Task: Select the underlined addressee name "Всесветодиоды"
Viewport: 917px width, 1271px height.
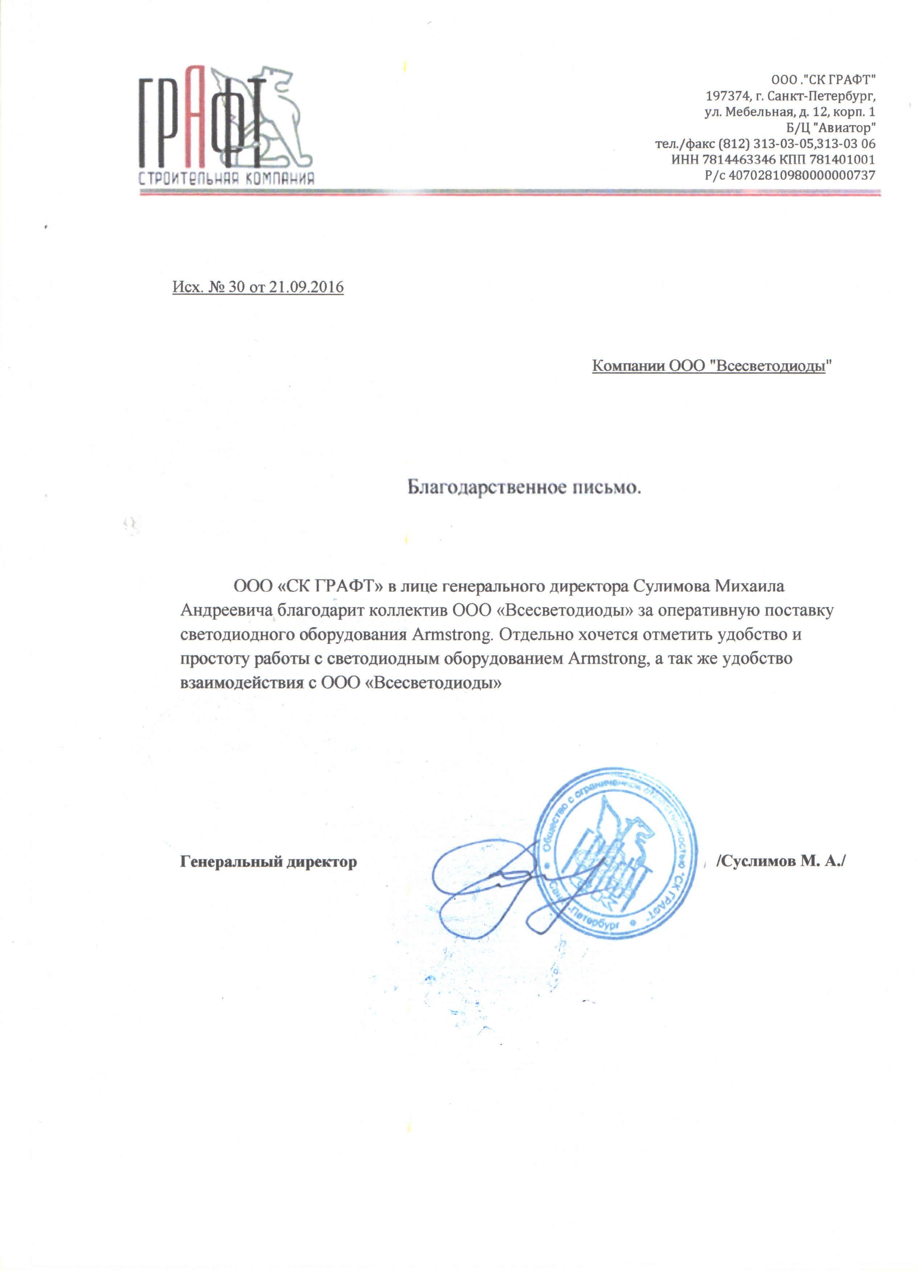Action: point(771,366)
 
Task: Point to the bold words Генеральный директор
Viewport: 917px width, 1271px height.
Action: point(268,861)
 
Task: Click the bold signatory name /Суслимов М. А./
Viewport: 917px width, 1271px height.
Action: point(780,861)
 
